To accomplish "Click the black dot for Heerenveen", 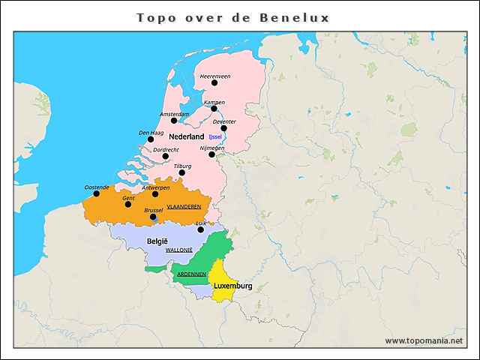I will [214, 82].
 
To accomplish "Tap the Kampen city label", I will [214, 102].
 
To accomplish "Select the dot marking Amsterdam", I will [174, 120].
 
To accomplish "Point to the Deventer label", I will [224, 121].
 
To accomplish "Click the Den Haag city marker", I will [151, 139].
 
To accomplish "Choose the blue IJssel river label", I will [216, 136].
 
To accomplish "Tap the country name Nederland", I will [186, 137].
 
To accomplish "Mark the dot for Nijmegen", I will [212, 154].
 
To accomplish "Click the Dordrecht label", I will [166, 150].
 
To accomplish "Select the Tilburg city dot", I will [181, 172].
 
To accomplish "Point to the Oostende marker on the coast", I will [96, 193].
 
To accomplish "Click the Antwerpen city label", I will [156, 187].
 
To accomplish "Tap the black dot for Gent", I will [127, 204].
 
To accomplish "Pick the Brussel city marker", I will [152, 217].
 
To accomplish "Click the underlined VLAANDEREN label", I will [184, 205].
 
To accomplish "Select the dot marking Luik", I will [200, 229].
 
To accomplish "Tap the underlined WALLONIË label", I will [179, 249].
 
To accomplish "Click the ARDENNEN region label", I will [191, 274].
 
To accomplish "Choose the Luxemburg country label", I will [232, 286].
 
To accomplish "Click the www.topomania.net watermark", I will [424, 341].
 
